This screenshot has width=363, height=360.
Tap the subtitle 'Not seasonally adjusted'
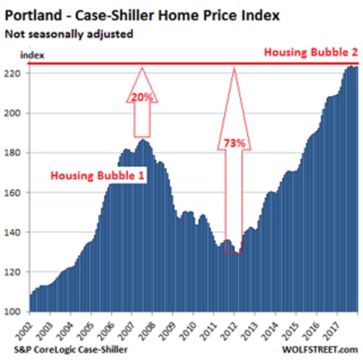click(69, 34)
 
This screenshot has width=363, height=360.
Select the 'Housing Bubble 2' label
click(311, 53)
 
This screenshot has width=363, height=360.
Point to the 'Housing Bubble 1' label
click(98, 175)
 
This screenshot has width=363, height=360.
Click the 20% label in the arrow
click(142, 97)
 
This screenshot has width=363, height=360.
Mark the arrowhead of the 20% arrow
click(142, 70)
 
